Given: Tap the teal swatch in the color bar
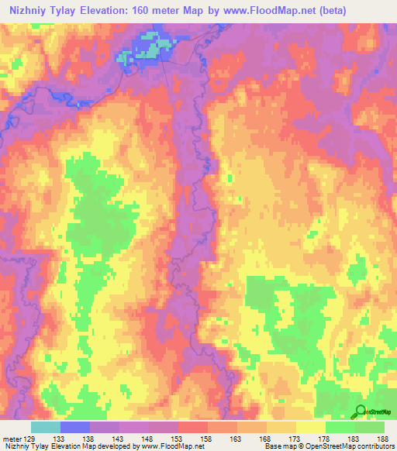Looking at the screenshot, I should [46, 427].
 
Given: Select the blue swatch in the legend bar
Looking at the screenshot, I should [75, 427].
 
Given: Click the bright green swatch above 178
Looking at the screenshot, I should [340, 427].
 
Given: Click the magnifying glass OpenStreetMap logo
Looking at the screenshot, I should [361, 411].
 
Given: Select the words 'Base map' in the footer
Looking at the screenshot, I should [278, 446].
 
